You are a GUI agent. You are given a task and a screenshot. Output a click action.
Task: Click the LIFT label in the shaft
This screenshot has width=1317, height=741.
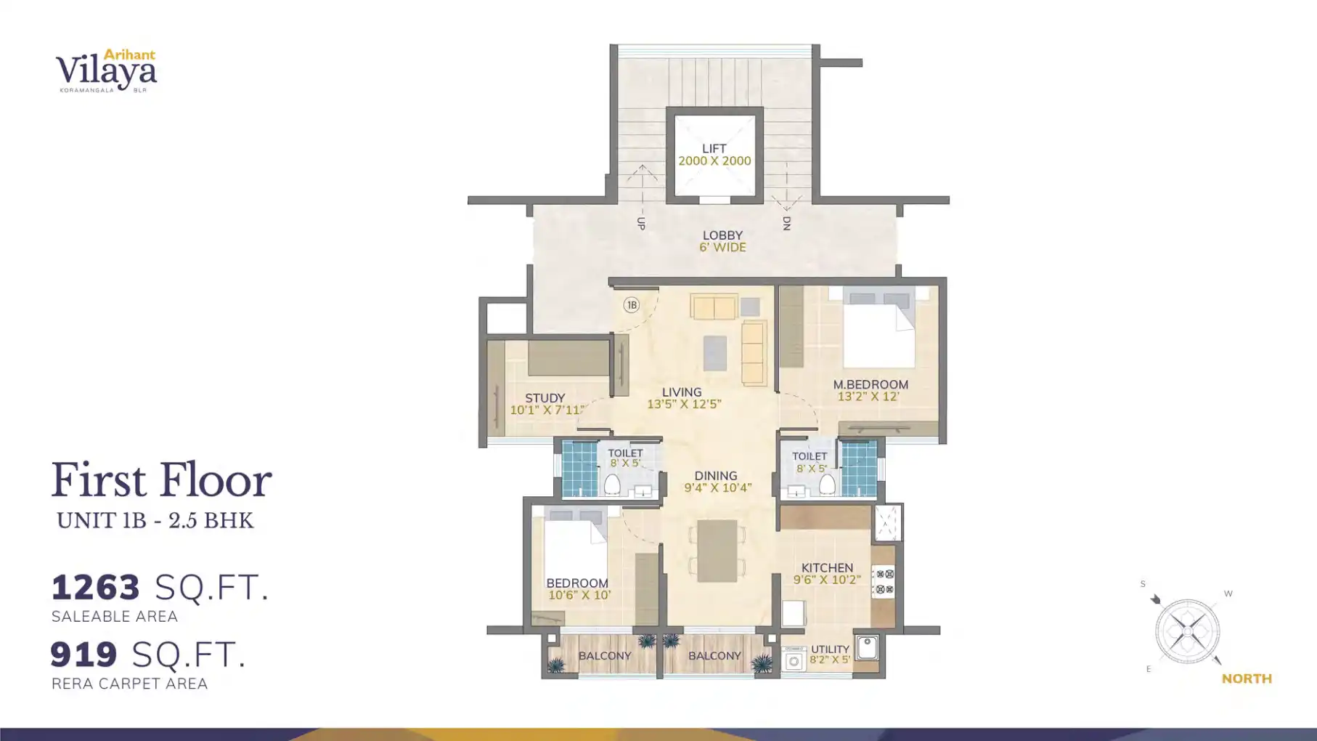(714, 148)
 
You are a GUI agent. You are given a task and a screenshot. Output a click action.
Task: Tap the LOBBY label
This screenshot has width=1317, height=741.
(722, 235)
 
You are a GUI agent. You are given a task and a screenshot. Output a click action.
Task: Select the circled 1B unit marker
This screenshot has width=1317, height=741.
(632, 305)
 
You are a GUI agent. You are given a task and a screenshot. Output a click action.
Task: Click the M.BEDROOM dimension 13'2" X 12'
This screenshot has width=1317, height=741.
(868, 397)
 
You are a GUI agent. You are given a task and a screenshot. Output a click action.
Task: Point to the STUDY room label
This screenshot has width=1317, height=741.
(545, 398)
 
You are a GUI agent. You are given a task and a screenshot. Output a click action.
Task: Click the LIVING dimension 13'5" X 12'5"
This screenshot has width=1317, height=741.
(684, 404)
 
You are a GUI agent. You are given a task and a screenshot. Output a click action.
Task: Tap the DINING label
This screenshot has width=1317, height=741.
(716, 476)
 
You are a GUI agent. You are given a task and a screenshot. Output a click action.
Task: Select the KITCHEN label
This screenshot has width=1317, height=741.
(827, 568)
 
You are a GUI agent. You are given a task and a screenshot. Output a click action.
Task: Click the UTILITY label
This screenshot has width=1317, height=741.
(830, 649)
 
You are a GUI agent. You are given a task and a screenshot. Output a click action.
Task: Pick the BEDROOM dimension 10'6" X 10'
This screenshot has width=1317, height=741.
(579, 595)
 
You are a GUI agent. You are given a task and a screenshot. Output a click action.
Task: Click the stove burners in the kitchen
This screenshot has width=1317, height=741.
(884, 582)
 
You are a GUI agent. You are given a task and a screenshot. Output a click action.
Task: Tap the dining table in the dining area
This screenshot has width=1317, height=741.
(717, 551)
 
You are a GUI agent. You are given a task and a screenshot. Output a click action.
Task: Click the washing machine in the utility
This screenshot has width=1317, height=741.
(794, 660)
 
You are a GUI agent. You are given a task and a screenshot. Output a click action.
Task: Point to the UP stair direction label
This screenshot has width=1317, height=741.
(641, 223)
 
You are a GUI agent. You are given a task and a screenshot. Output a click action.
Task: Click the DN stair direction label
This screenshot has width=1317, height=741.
(786, 223)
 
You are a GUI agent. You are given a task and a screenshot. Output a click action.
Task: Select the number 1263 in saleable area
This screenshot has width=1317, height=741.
(96, 588)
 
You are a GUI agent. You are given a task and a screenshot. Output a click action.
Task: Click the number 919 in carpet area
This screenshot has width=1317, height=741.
(83, 655)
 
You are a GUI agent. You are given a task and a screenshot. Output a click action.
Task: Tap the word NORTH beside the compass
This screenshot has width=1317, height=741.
(1247, 679)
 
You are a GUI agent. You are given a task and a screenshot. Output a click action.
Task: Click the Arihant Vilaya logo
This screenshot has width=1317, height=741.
(107, 70)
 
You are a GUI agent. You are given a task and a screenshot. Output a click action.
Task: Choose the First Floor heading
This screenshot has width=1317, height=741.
(161, 481)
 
